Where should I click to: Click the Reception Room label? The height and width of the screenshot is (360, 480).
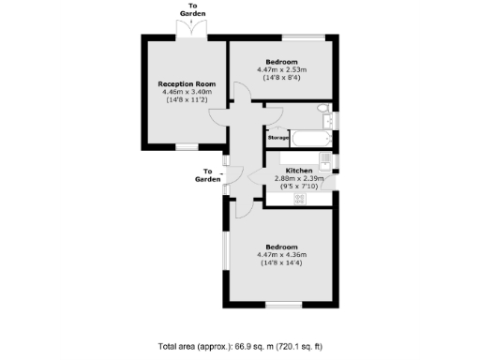187,84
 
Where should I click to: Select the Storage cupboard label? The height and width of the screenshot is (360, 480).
278,138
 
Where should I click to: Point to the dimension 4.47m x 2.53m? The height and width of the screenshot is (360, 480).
282,70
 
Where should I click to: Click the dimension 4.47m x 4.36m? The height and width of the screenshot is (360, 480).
282,254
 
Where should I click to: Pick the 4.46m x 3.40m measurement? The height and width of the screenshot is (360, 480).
187,92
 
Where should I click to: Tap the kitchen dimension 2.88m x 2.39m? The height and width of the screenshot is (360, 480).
298,178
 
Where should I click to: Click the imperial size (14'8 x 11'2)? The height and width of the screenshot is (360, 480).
187,100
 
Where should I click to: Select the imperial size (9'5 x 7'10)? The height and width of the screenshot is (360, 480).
298,186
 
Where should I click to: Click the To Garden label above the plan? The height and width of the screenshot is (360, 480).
194,9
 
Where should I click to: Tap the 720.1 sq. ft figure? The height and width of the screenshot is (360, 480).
302,347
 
